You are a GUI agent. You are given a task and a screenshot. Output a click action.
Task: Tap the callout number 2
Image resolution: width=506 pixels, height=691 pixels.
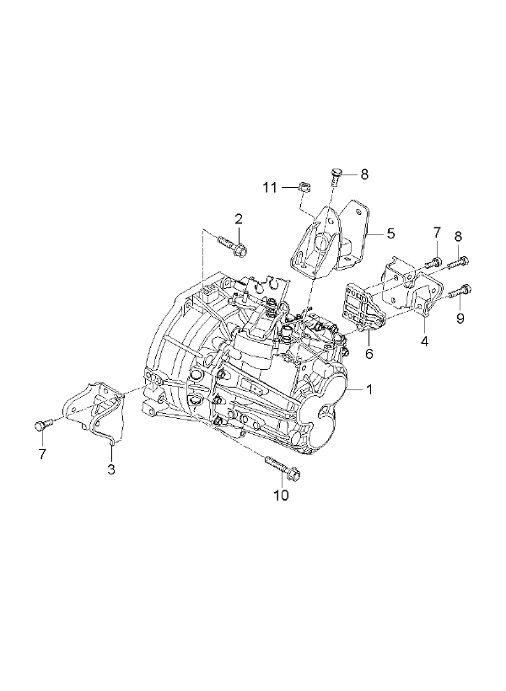tap(239, 218)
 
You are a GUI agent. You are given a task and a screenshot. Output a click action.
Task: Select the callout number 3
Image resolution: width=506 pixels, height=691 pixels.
tap(111, 469)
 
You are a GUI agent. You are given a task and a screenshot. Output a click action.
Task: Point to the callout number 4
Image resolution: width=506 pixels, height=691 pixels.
tap(424, 341)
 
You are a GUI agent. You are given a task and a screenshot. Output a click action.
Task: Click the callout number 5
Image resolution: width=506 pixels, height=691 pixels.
tap(390, 233)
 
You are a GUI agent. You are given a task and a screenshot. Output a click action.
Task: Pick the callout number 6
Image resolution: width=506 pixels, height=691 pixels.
tap(369, 353)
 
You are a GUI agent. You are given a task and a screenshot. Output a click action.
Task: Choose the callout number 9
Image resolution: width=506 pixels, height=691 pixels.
tap(460, 319)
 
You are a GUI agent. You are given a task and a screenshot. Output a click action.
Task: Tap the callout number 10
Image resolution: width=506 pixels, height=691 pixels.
tap(281, 495)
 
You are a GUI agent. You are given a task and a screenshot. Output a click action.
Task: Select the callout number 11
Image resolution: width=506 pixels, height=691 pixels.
tap(270, 188)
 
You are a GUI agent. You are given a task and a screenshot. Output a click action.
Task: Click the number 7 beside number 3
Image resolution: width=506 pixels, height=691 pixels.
tap(42, 454)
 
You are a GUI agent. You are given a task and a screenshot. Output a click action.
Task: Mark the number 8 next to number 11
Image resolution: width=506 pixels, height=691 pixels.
tap(364, 174)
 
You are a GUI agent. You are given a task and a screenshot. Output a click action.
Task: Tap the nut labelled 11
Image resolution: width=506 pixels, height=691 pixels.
tap(304, 187)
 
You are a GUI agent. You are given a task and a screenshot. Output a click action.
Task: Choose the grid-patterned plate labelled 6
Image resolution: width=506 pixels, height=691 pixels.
tap(360, 306)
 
